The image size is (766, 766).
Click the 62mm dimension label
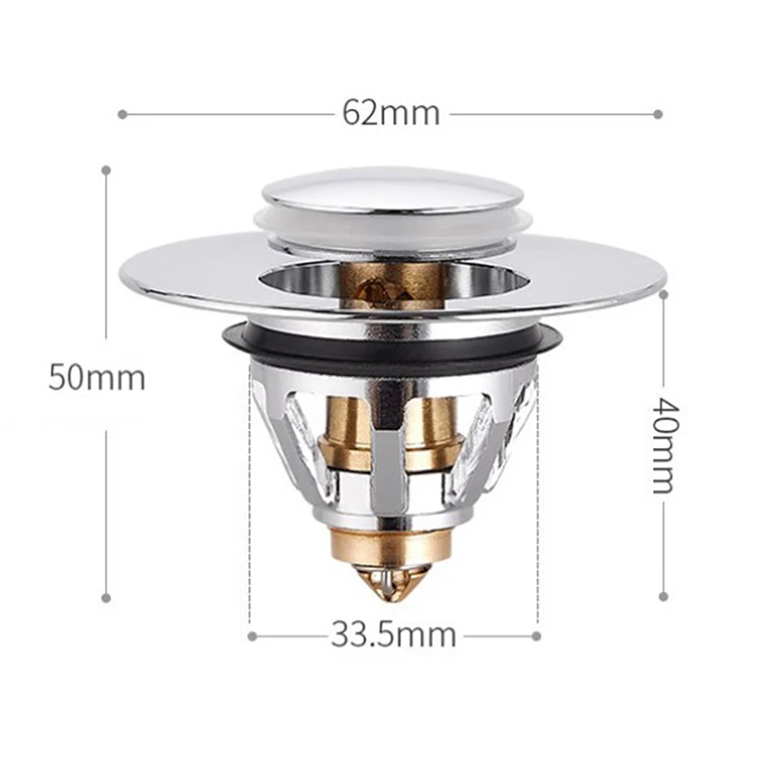click(x=391, y=113)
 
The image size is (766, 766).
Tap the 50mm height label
click(x=97, y=377)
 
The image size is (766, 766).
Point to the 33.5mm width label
click(x=394, y=635)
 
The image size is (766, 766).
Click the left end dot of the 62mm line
click(x=122, y=114)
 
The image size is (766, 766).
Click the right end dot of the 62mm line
click(x=659, y=114)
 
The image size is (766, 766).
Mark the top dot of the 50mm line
click(x=105, y=170)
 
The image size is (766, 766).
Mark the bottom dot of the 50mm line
click(x=105, y=598)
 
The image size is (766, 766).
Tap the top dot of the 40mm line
click(x=662, y=295)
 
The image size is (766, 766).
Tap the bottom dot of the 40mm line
click(x=662, y=597)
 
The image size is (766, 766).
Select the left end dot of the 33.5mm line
click(x=251, y=635)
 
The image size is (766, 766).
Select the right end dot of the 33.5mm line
click(x=537, y=635)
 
